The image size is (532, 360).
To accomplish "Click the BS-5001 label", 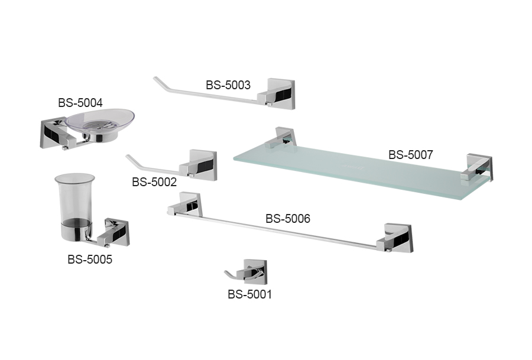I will coord(249,293).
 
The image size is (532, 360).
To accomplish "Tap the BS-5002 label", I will coord(154,182).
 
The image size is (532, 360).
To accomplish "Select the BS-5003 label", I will coord(228,85).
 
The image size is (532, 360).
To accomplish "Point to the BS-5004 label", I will coord(80,102).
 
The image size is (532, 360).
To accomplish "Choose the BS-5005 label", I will coord(89,259).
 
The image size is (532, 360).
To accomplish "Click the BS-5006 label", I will coord(287,219).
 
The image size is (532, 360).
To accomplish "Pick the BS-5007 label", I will coord(410,155).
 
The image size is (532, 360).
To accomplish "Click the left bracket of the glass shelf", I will coord(284,137).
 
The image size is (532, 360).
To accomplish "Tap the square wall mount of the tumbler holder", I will coord(118,233).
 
